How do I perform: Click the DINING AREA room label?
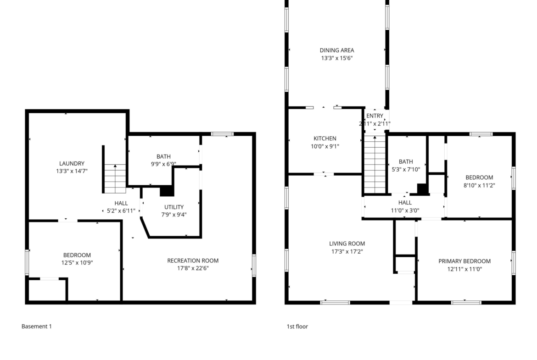pos(336,50)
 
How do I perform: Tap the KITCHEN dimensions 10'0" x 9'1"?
pos(324,146)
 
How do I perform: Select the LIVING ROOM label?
pos(347,244)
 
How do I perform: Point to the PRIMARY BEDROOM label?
pos(464,261)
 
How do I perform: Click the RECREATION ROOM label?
pos(193,261)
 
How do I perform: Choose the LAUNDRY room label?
pos(72,164)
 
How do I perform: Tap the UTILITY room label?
pos(174,207)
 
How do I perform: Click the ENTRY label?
pos(375,116)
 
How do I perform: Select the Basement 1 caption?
pos(37,327)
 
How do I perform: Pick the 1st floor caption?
pos(297,327)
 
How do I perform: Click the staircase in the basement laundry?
pos(115,179)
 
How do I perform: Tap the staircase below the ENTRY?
pos(375,165)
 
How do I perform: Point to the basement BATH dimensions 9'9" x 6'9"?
pos(164,164)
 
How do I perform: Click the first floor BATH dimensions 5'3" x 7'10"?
pos(406,169)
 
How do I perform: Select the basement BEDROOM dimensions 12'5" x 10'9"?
pos(77,263)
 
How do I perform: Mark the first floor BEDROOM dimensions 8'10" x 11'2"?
pos(479,185)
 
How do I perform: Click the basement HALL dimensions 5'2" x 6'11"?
pos(121,211)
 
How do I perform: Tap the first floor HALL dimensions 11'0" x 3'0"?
pos(405,210)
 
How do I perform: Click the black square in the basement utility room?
pos(167,191)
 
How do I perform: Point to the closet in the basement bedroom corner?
pos(48,290)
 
